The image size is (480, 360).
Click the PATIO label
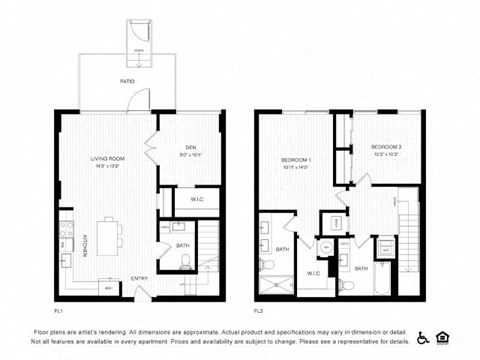coord(127,80)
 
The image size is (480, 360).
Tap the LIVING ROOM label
coord(108,158)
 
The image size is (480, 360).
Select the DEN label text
coord(190,147)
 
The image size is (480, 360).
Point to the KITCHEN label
coord(84,243)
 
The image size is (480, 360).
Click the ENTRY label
coord(139,278)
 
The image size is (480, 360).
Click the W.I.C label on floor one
coord(197,199)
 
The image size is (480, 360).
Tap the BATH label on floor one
coord(182,245)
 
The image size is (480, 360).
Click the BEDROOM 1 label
coord(296,159)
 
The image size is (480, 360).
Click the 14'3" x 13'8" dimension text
coord(108,165)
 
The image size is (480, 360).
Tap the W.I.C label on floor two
coord(312,272)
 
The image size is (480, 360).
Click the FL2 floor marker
coord(258,310)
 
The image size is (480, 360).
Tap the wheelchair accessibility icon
coord(423,337)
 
